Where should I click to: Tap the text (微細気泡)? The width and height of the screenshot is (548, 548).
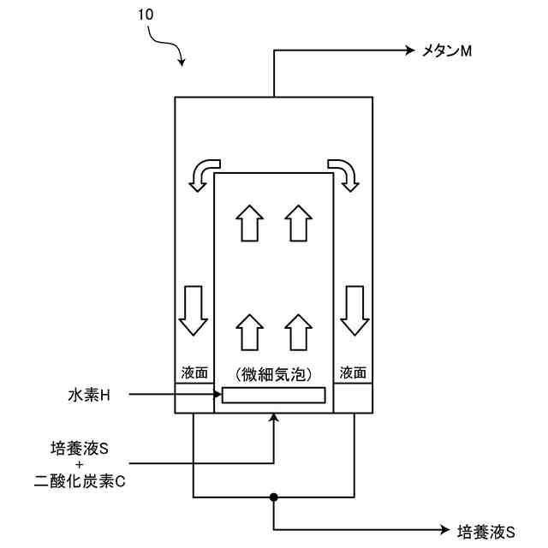click(x=272, y=374)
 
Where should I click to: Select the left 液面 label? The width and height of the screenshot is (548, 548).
click(x=194, y=373)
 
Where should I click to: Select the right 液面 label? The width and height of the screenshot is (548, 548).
click(x=352, y=373)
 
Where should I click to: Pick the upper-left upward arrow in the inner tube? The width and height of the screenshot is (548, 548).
click(x=249, y=223)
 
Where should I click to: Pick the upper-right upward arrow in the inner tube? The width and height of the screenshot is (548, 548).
click(x=296, y=223)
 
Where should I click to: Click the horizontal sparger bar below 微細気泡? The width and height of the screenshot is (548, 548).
click(x=273, y=395)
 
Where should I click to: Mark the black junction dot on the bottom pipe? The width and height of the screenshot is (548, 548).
click(x=274, y=497)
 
